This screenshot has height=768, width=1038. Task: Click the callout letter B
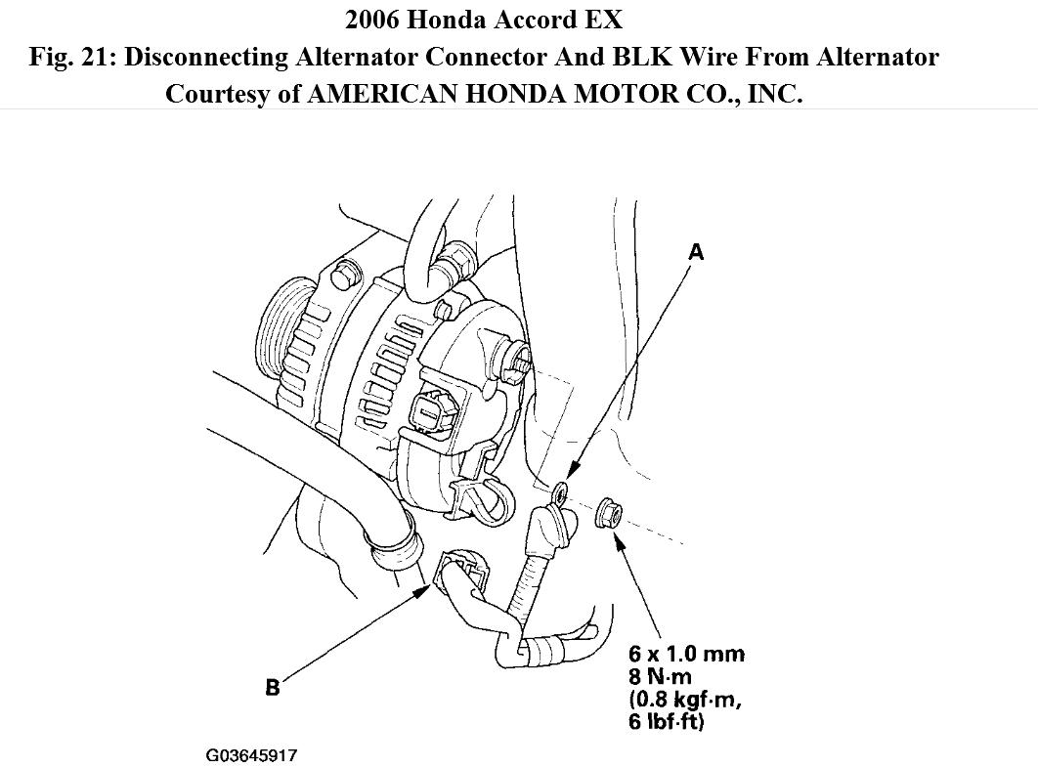click(273, 689)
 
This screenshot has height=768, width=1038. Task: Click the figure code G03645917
click(251, 755)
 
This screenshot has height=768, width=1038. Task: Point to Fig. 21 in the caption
click(71, 57)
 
